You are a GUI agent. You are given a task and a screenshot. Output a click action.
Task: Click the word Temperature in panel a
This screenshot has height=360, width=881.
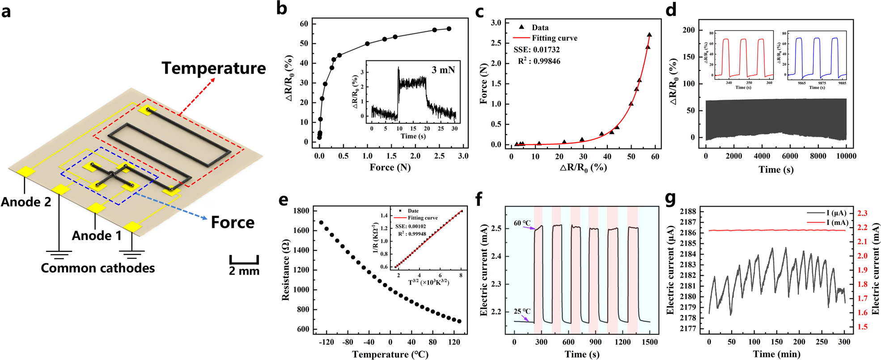[213, 68]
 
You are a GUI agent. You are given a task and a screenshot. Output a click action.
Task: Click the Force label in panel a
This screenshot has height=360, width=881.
[233, 222]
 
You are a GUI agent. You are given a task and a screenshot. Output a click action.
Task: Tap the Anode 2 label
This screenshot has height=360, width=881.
[26, 202]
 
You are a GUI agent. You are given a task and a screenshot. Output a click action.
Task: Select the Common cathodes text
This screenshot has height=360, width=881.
[97, 268]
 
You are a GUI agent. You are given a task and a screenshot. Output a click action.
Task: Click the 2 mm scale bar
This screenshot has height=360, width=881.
[244, 260]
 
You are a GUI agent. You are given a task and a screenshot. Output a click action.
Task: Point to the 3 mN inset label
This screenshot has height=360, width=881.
[443, 70]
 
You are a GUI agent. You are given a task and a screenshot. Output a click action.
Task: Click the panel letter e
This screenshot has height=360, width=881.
[284, 200]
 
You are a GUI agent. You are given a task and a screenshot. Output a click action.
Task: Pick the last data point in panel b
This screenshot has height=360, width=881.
[449, 29]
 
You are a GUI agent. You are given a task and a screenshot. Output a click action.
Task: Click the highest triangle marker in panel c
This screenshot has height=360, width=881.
[649, 34]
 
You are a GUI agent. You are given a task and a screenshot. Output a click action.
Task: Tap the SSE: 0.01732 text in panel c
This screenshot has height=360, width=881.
[537, 50]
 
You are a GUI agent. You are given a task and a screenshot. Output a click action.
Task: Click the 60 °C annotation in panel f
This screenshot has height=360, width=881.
[522, 223]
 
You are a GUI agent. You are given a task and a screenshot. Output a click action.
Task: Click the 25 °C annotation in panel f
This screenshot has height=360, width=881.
[522, 311]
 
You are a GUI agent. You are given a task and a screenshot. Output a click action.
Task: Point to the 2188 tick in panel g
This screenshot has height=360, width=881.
[687, 212]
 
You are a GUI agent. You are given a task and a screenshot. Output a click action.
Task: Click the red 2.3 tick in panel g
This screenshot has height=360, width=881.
[862, 213]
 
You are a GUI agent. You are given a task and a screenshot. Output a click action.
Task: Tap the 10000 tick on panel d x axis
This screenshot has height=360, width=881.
[846, 156]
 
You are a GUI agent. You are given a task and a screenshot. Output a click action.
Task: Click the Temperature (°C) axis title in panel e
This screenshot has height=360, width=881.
[390, 355]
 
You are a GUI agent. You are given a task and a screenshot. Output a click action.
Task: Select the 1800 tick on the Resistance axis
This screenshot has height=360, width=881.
[301, 211]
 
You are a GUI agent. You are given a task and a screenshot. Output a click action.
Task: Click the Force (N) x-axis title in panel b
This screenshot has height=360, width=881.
[390, 167]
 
